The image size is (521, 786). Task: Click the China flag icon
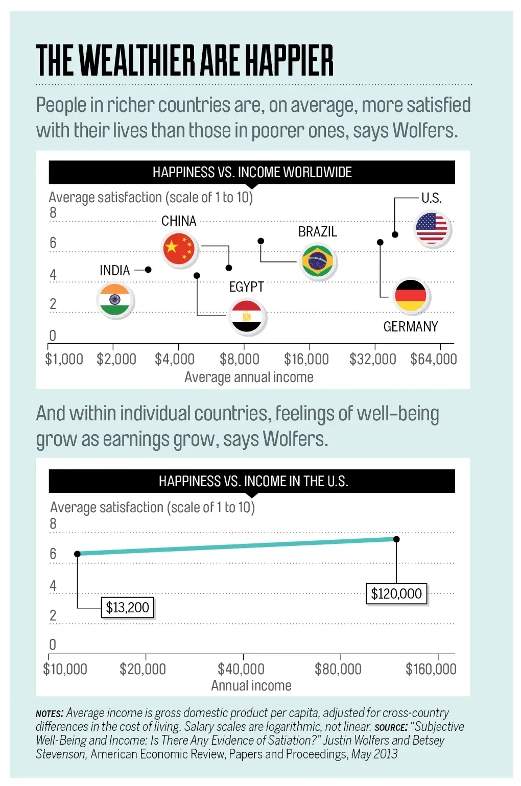[x=179, y=249]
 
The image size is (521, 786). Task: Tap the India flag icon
[x=115, y=300]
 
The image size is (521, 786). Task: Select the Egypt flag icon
[x=247, y=316]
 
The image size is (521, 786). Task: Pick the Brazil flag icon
[x=317, y=261]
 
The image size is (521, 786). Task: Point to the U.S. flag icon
[x=432, y=228]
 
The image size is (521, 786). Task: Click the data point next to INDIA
[x=148, y=270]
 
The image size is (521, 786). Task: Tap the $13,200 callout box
[x=127, y=607]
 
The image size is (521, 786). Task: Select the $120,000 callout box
[x=396, y=593]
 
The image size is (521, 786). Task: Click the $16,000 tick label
[x=306, y=360]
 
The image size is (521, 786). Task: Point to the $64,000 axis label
[x=434, y=360]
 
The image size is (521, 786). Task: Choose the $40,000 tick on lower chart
[x=241, y=669]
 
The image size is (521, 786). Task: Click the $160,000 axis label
[x=431, y=669]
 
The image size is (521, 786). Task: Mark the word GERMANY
[x=411, y=327]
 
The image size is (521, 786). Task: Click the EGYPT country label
[x=247, y=287]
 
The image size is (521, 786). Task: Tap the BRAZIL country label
[x=318, y=232]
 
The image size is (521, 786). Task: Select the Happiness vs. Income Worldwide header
[x=252, y=173]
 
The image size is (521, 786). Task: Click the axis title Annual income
[x=251, y=686]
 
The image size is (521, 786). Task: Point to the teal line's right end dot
[x=396, y=539]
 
